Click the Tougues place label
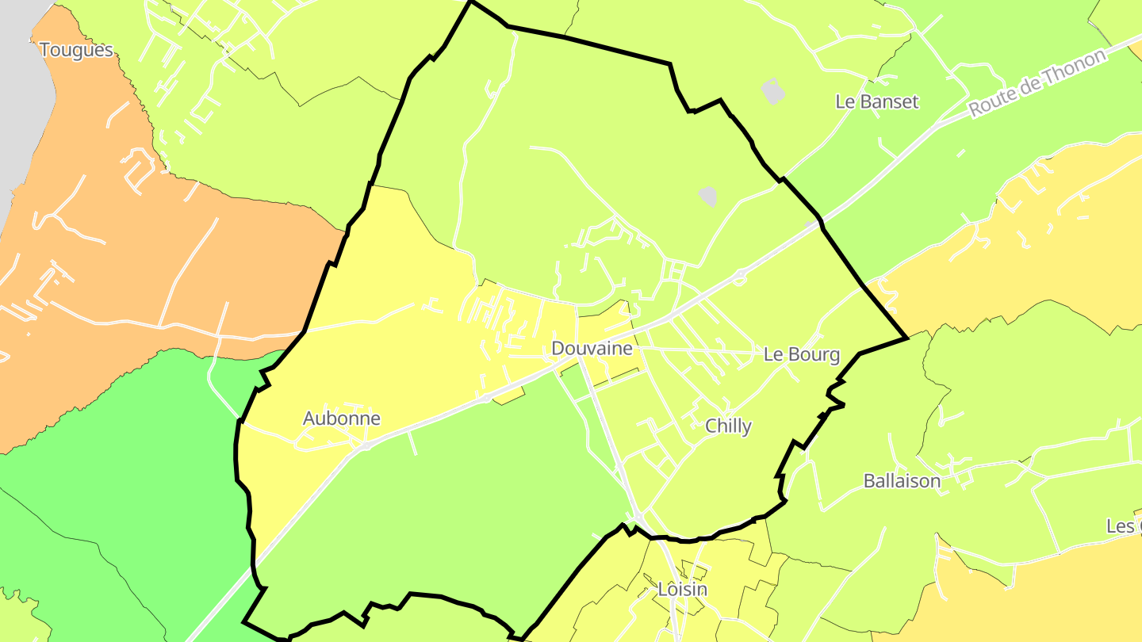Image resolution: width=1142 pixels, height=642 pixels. [x=76, y=51]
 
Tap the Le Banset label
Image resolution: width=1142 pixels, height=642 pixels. [x=877, y=101]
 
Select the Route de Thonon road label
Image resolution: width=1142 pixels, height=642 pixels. [x=1037, y=83]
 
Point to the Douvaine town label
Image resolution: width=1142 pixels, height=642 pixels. [x=592, y=349]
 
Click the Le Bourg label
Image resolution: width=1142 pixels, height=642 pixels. [x=801, y=354]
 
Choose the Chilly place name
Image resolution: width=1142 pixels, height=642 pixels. [x=728, y=426]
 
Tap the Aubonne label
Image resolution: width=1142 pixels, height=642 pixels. [x=342, y=418]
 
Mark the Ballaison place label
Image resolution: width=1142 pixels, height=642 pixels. [x=902, y=481]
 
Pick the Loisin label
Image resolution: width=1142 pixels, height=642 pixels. [x=682, y=590]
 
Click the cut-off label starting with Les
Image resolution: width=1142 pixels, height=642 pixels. [x=1125, y=527]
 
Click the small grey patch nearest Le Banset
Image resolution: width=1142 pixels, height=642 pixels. [x=773, y=91]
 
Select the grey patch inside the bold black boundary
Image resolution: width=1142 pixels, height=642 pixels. [x=707, y=195]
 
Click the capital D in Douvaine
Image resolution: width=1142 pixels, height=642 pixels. [x=558, y=349]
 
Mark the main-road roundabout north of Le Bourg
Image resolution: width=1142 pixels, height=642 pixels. [x=740, y=277]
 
